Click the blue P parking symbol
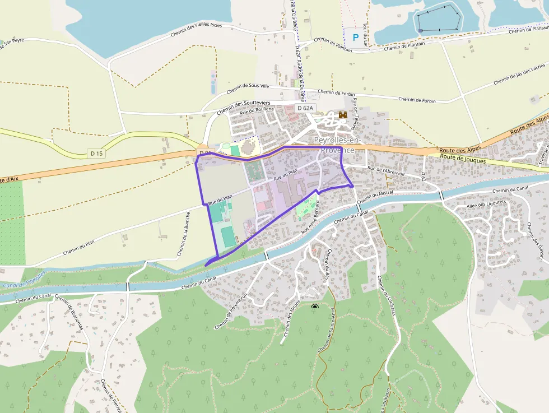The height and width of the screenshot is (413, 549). pyautogui.click(x=355, y=38)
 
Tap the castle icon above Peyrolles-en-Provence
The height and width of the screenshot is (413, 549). pyautogui.click(x=342, y=115)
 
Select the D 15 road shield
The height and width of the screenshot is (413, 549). pyautogui.click(x=96, y=153)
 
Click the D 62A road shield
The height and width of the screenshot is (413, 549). pyautogui.click(x=306, y=108)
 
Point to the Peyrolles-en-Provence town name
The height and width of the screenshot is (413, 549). pyautogui.click(x=334, y=145)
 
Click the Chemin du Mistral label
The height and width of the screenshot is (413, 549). pyautogui.click(x=375, y=197)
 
